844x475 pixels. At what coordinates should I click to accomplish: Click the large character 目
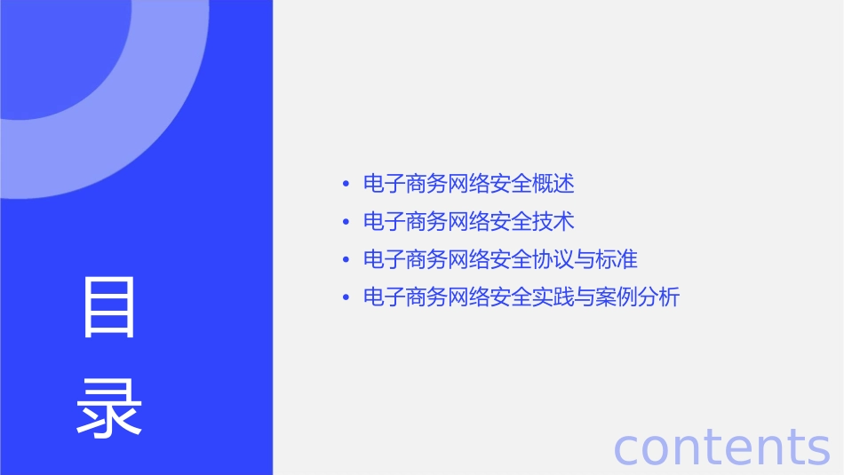click(109, 307)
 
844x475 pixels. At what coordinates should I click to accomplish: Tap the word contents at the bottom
click(721, 447)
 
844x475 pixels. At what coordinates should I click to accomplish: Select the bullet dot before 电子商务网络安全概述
click(346, 184)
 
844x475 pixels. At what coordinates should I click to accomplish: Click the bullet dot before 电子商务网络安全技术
click(346, 221)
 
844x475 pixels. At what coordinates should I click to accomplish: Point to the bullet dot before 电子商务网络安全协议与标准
click(346, 259)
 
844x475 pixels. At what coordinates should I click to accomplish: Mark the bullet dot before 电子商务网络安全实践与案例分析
click(346, 297)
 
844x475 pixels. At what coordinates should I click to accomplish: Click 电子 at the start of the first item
click(385, 184)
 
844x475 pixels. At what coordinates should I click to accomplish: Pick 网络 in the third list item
click(469, 259)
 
